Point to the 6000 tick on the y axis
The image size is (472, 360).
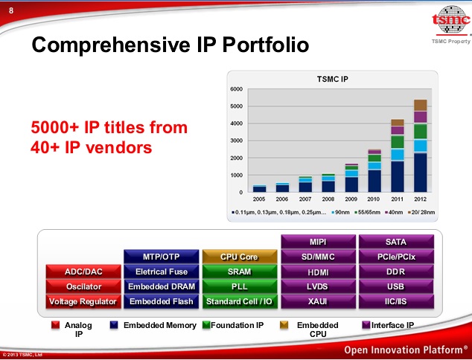pos(237,89)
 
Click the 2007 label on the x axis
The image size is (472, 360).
pos(305,199)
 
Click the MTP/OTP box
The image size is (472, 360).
pos(162,257)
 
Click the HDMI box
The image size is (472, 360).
pos(318,271)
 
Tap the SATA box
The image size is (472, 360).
pos(396,242)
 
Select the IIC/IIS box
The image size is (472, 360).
pos(396,301)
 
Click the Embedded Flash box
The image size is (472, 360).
pos(162,301)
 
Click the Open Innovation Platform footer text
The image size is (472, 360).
pos(405,350)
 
